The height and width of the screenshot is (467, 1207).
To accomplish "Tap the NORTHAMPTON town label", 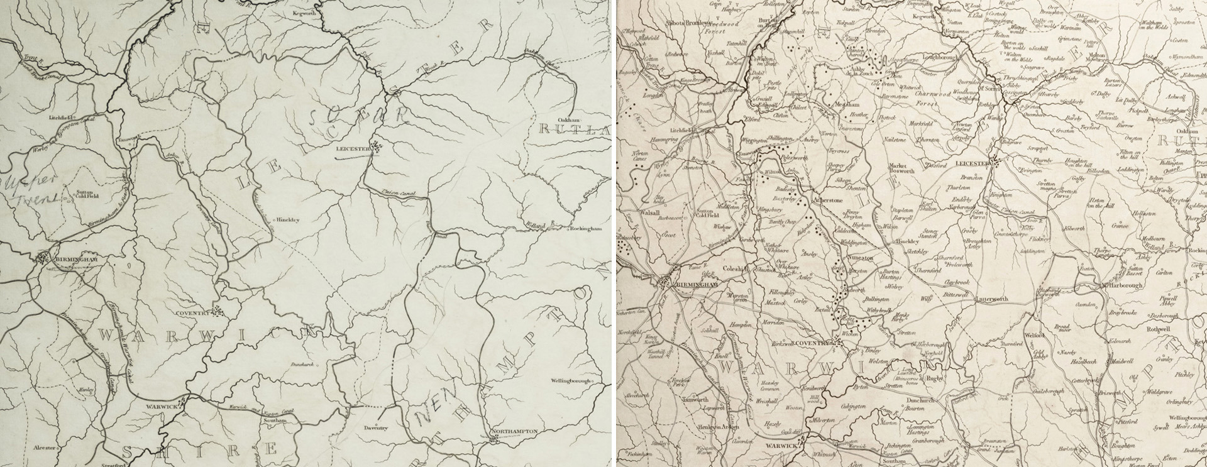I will click(517, 431).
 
